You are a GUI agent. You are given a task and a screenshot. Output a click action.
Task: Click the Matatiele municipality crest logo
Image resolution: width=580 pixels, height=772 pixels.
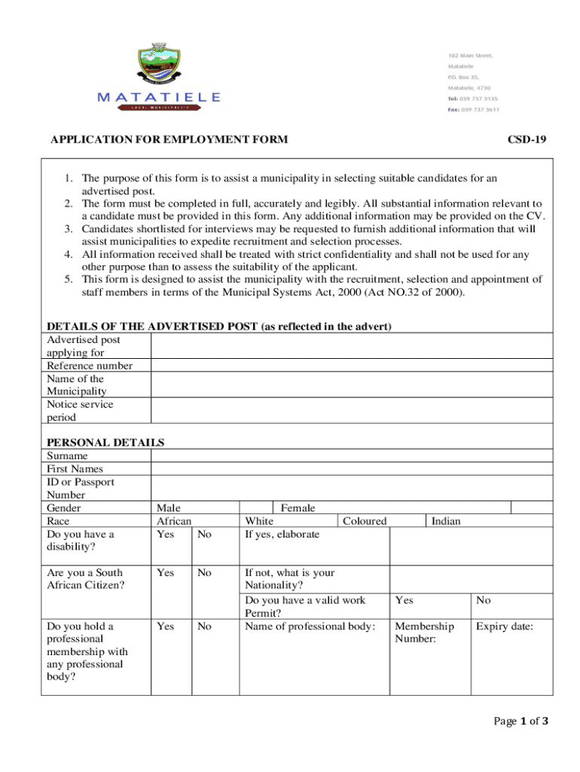[160, 66]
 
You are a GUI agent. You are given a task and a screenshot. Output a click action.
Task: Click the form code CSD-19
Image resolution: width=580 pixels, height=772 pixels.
[527, 139]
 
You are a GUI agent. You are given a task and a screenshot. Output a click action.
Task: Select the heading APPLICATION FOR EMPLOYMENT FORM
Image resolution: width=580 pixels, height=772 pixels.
[168, 139]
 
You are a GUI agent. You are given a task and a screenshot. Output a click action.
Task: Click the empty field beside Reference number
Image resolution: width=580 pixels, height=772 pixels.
[352, 366]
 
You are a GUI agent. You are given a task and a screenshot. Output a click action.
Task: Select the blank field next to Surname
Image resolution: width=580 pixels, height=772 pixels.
[352, 456]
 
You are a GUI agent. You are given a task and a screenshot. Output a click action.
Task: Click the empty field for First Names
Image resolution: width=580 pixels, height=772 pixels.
[352, 469]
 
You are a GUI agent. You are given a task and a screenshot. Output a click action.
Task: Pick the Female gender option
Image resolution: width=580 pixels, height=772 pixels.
[298, 508]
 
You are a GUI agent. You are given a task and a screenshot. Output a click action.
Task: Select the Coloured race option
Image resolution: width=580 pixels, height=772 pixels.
[365, 521]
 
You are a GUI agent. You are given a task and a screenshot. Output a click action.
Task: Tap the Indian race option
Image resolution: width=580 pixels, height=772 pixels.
[446, 521]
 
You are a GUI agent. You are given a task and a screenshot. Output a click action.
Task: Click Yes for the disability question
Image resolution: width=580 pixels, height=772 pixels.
[165, 535]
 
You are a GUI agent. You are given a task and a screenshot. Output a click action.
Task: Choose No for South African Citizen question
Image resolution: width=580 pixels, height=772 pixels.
[204, 573]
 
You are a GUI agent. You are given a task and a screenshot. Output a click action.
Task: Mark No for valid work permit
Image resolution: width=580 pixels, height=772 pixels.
[484, 600]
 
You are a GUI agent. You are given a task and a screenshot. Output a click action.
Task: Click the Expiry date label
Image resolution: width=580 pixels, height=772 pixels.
[504, 626]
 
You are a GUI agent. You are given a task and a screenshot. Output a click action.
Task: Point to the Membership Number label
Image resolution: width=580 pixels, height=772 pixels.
[424, 633]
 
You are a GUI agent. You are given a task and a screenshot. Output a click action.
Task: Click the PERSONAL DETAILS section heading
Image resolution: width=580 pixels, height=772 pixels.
[105, 443]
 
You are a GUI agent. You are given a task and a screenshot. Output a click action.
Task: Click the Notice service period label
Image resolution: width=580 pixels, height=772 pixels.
[80, 410]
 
